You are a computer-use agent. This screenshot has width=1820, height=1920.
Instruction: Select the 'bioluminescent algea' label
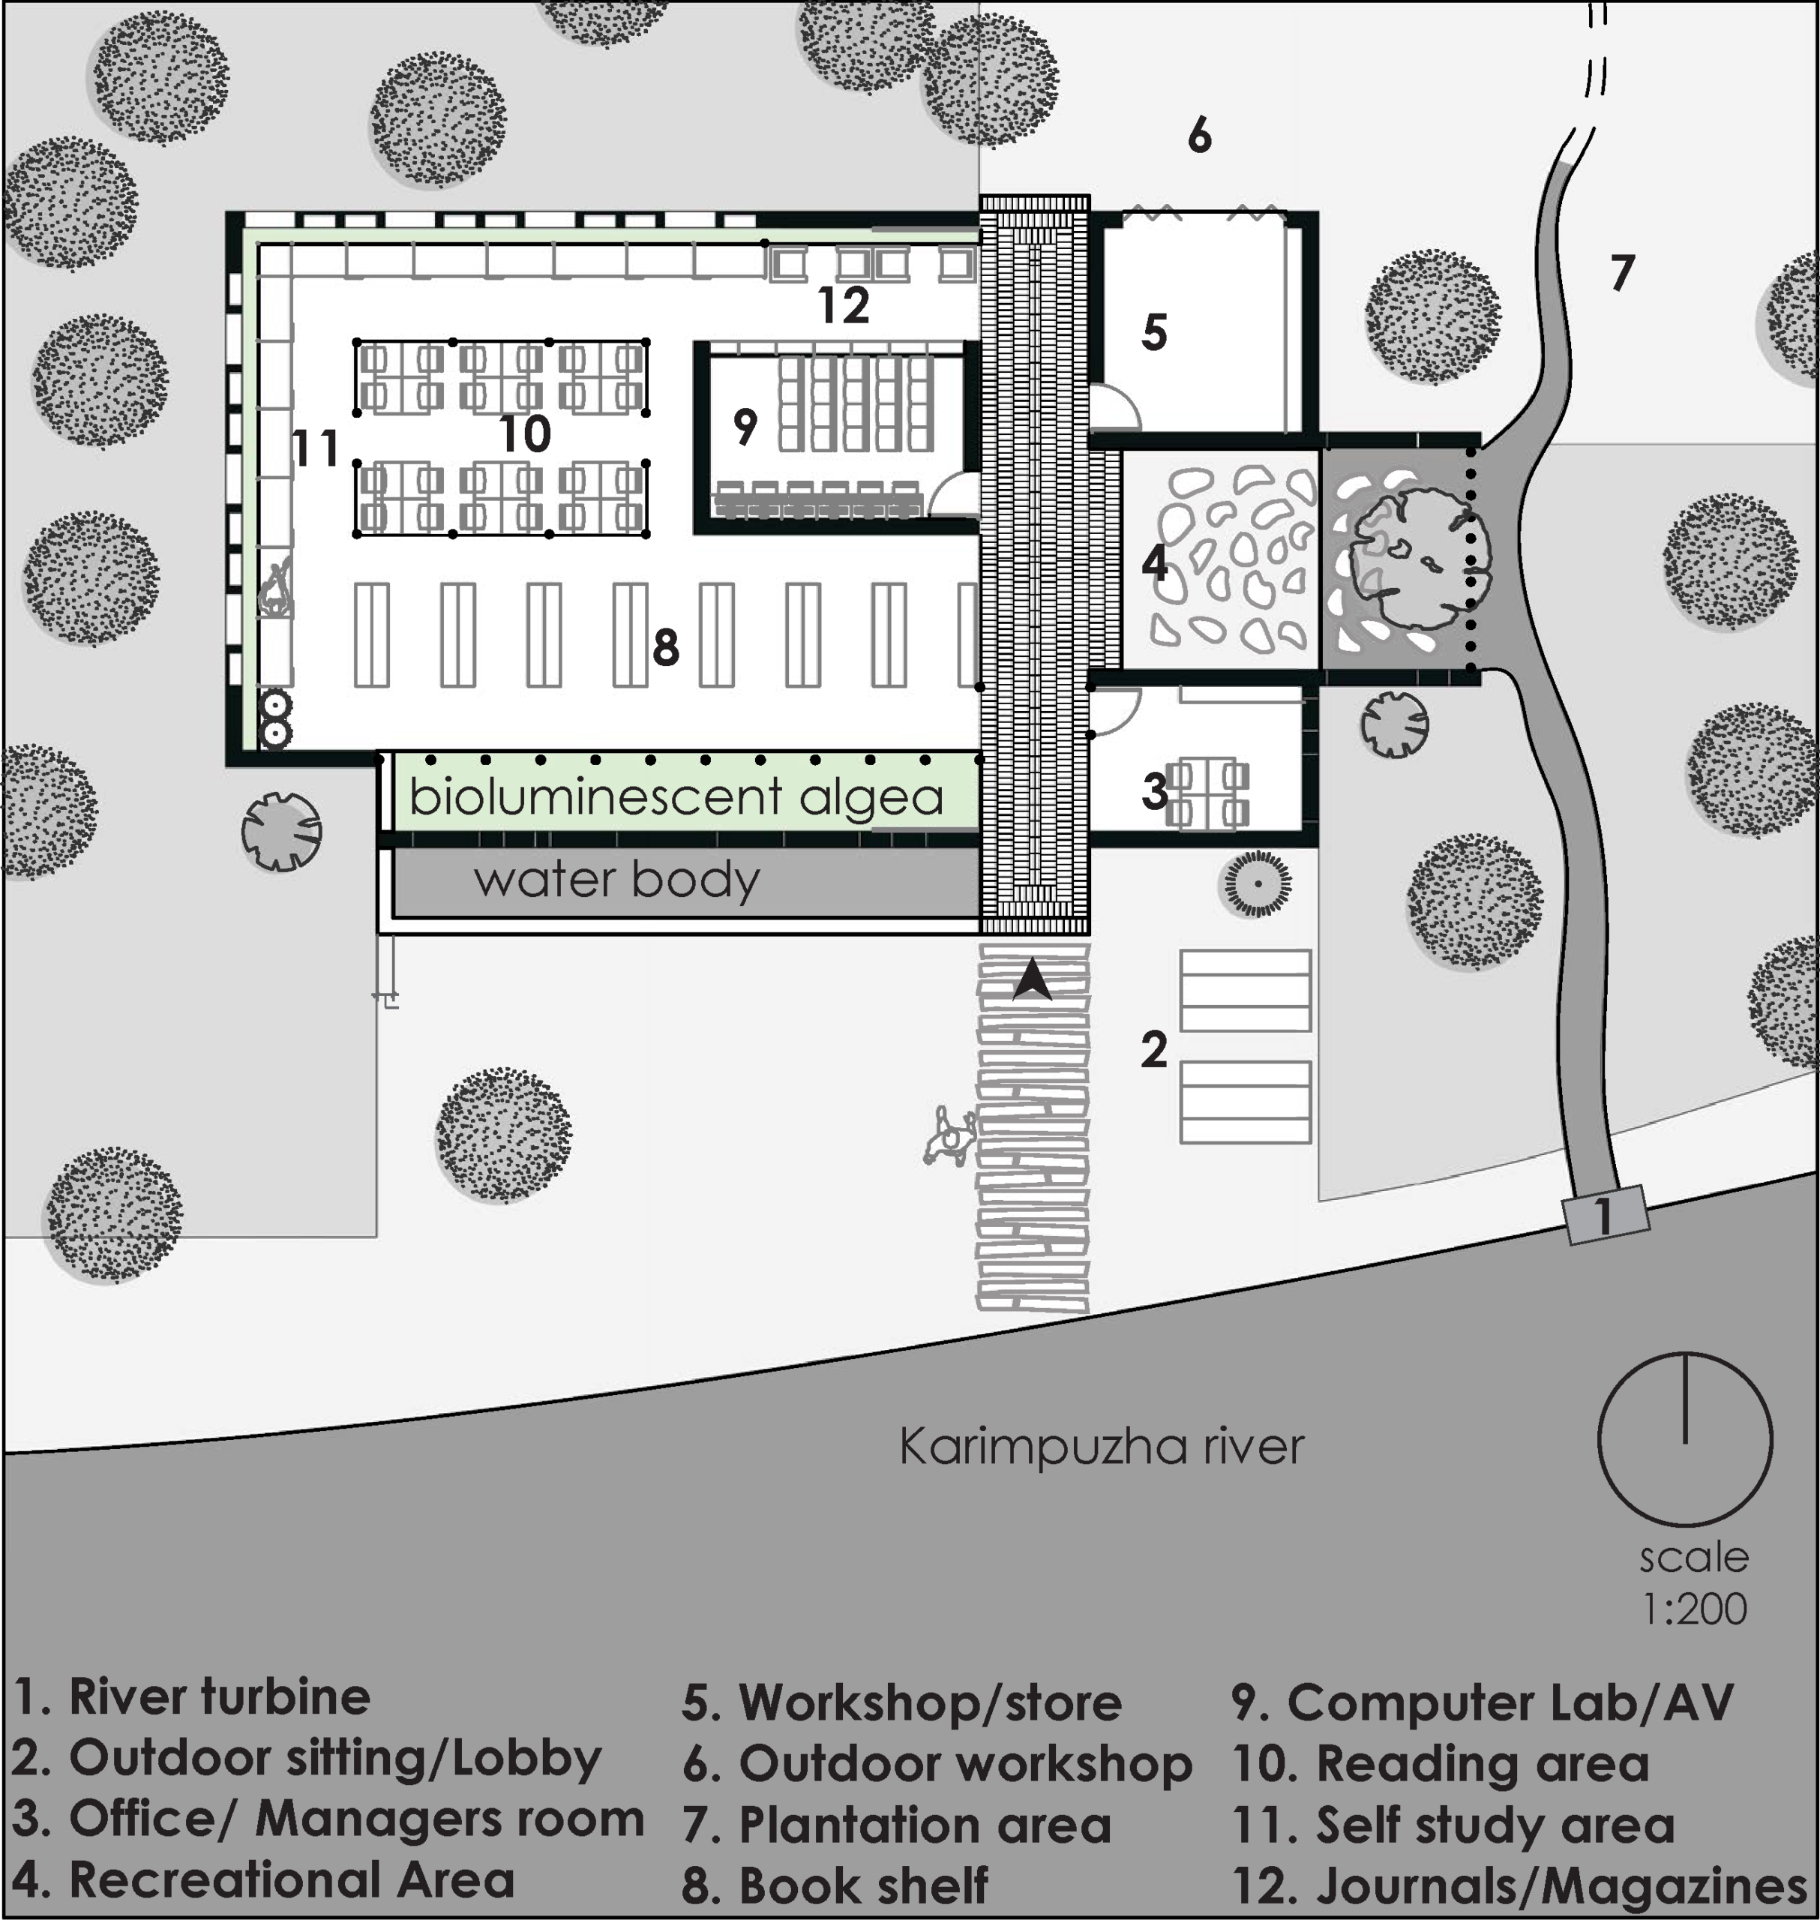pos(676,797)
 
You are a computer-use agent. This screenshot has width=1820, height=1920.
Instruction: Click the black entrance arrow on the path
pos(1033,979)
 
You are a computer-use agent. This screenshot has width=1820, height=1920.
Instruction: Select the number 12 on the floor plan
pos(843,305)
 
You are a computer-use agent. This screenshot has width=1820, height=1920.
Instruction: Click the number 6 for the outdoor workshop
pos(1200,136)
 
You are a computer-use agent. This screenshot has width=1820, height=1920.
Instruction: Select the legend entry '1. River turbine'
pos(191,1696)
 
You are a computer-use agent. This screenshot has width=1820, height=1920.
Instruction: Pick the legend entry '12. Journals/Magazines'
pos(1519,1886)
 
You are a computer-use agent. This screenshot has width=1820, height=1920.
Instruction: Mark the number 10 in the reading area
pos(525,433)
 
